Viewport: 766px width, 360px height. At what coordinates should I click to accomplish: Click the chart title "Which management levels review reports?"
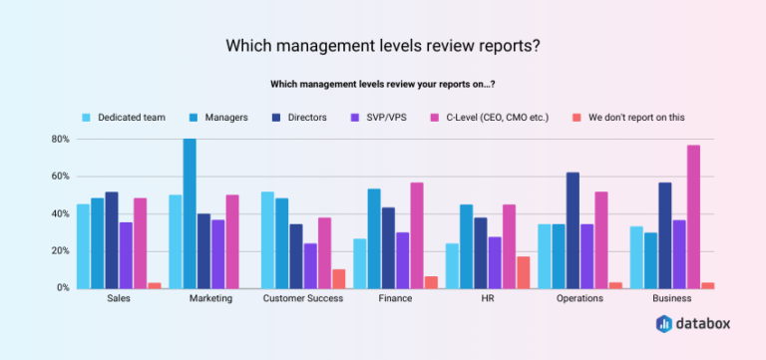[383, 46]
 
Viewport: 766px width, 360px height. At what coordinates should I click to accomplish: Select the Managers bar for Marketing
[190, 213]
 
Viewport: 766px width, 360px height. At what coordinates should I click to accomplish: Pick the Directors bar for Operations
[573, 230]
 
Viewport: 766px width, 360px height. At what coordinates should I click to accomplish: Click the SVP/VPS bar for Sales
[126, 254]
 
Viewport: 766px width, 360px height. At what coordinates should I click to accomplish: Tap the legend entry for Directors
[299, 118]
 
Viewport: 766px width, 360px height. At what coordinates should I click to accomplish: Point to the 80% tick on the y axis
[59, 140]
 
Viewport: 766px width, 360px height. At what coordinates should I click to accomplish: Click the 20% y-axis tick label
[59, 251]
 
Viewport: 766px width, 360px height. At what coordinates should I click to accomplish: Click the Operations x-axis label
[580, 299]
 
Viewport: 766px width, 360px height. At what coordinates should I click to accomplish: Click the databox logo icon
[665, 324]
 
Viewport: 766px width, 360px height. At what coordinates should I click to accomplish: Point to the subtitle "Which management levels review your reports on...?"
[383, 84]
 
